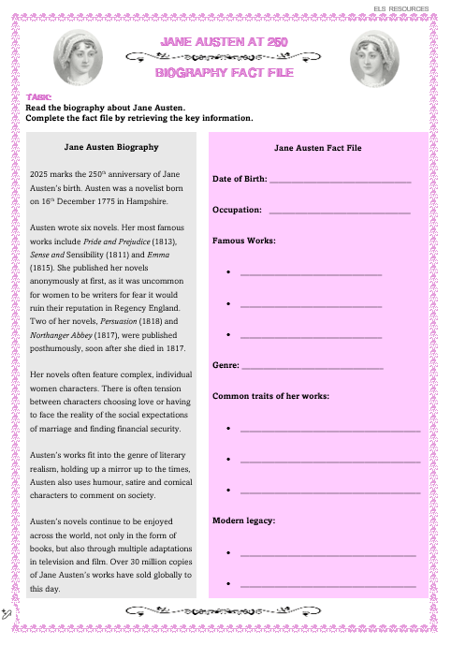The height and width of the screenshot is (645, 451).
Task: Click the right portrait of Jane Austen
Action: (375, 57)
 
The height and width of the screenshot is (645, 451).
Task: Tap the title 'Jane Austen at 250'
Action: (224, 42)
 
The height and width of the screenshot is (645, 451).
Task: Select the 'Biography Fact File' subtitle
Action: (224, 72)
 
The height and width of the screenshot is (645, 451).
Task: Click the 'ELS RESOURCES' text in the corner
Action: (402, 7)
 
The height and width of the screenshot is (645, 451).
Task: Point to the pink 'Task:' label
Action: (38, 97)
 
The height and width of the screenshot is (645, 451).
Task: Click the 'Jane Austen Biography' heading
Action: (111, 147)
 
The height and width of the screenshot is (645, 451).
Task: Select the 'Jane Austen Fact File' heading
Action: (317, 148)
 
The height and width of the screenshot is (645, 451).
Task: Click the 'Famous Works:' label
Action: (244, 241)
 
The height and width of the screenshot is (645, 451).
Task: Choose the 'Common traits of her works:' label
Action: (270, 396)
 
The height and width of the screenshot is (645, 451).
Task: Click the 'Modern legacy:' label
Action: (243, 520)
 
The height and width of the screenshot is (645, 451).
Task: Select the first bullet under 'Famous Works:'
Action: (229, 273)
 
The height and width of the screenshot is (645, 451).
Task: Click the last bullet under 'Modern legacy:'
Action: (229, 585)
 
